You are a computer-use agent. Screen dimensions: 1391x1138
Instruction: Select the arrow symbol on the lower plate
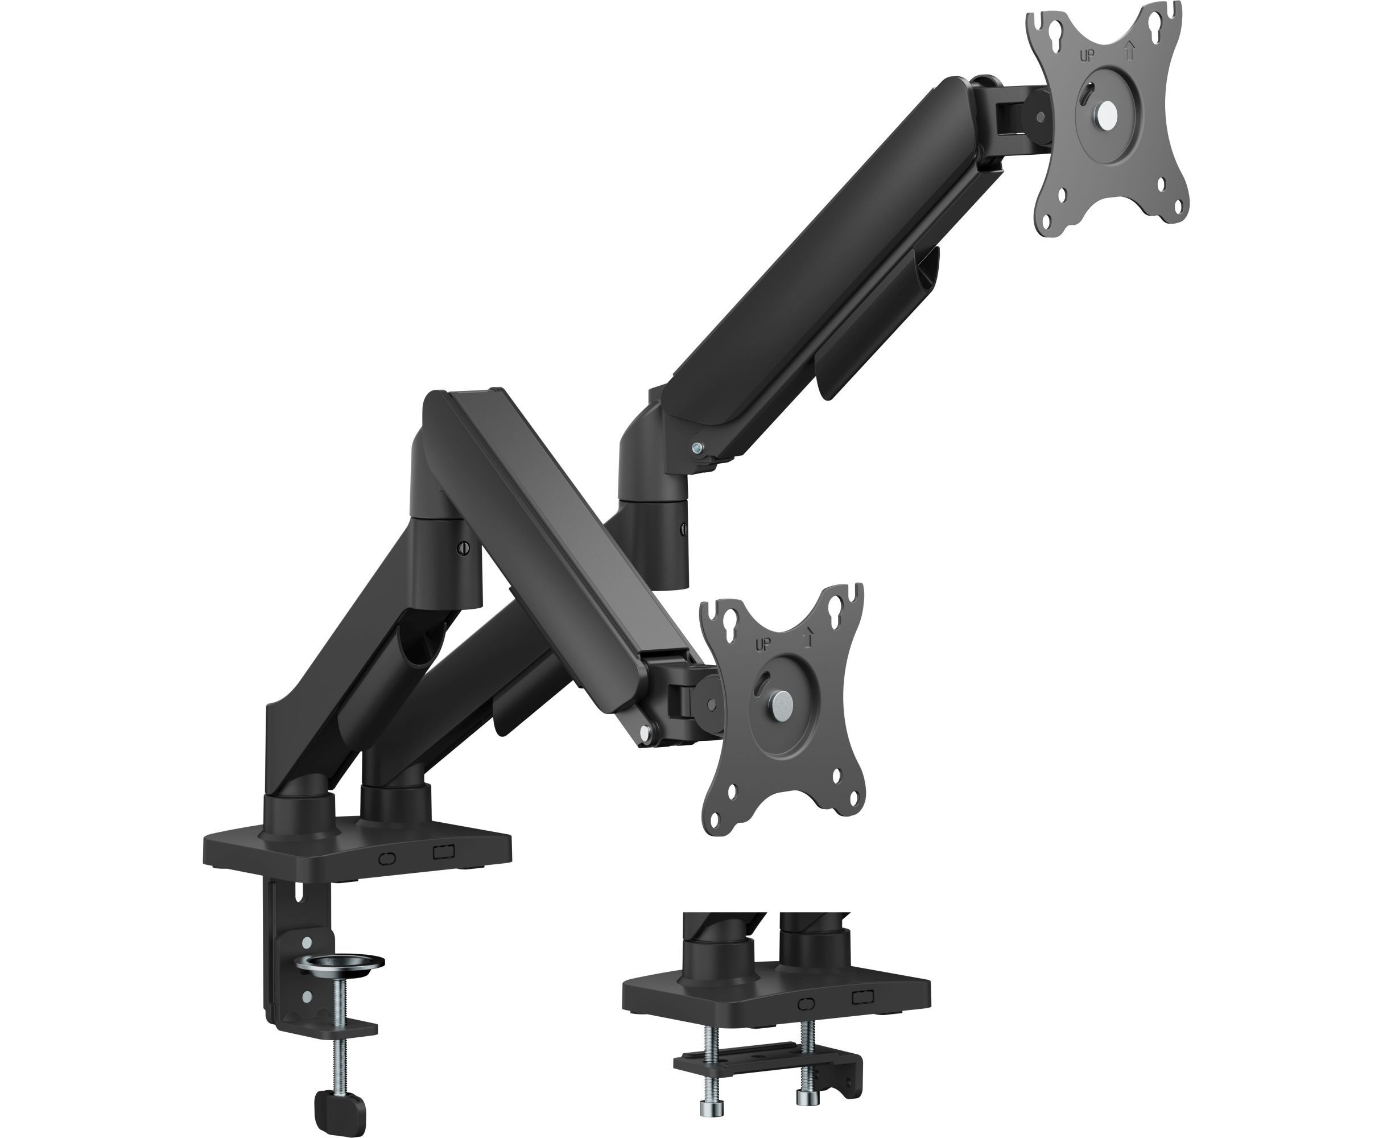[x=808, y=637]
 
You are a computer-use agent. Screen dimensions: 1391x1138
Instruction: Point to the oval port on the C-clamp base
[x=389, y=858]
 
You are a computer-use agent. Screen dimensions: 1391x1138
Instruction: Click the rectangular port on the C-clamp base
[x=444, y=851]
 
